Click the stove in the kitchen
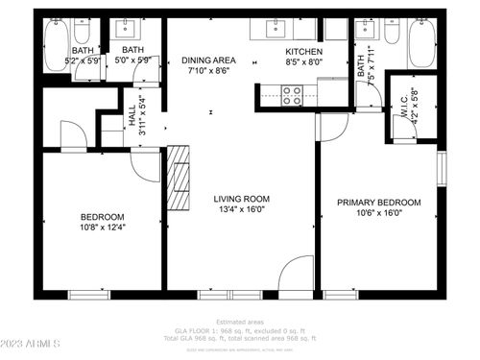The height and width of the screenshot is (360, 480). coord(291,94)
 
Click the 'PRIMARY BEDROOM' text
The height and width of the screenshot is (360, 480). coord(378,203)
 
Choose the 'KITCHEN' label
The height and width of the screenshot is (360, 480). coord(303,51)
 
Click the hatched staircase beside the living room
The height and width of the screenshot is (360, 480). coord(179,178)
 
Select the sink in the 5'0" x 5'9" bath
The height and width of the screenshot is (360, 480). coord(128,30)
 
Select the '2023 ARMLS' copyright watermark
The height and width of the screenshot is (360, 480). coord(33,342)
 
